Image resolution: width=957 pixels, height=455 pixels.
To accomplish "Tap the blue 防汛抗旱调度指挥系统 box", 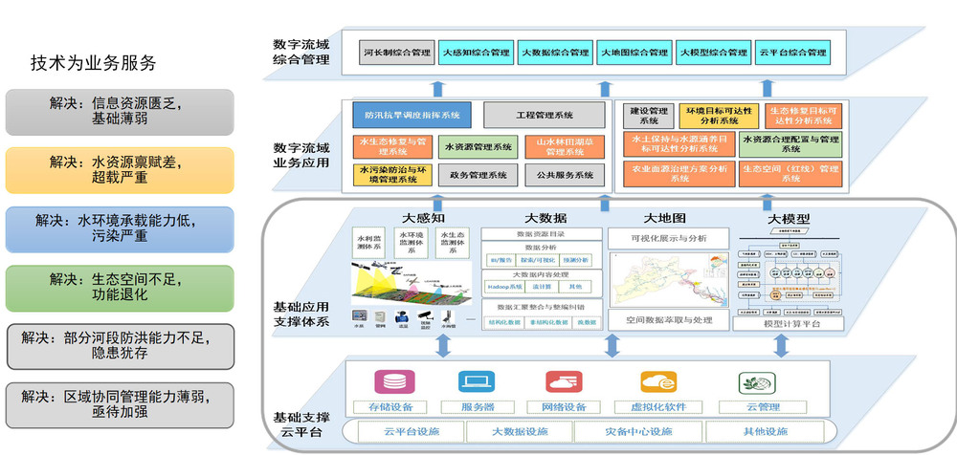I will coord(412,116).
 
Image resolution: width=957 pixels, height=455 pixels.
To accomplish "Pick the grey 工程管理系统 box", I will coord(545,116).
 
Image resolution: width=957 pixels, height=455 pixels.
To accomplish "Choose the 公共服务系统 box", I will coord(565,175).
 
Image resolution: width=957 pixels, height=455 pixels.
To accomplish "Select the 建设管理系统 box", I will coord(649,116).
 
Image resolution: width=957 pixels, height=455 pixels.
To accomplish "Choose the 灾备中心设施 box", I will coord(638,431).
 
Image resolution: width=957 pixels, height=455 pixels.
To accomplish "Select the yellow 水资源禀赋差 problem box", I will coord(120,170).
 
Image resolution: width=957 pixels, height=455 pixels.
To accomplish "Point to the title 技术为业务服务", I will coord(93,63).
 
